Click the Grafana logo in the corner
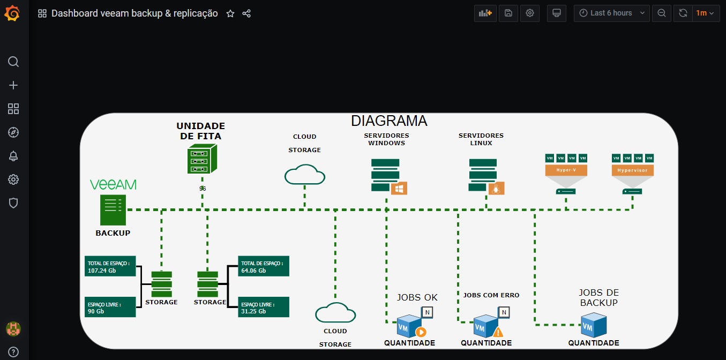point(12,13)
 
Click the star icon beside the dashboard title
point(230,13)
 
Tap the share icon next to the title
point(246,13)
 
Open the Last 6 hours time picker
point(611,13)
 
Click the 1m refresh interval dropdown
point(705,13)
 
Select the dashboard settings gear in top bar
point(530,13)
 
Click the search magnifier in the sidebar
point(13,62)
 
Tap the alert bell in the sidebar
point(13,156)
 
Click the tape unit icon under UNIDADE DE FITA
point(203,160)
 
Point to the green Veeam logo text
point(113,185)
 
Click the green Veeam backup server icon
point(113,209)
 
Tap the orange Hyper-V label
point(566,170)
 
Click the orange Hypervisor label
point(632,170)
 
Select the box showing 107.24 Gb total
point(110,266)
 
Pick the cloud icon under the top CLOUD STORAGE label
point(305,175)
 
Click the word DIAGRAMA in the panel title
point(389,121)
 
